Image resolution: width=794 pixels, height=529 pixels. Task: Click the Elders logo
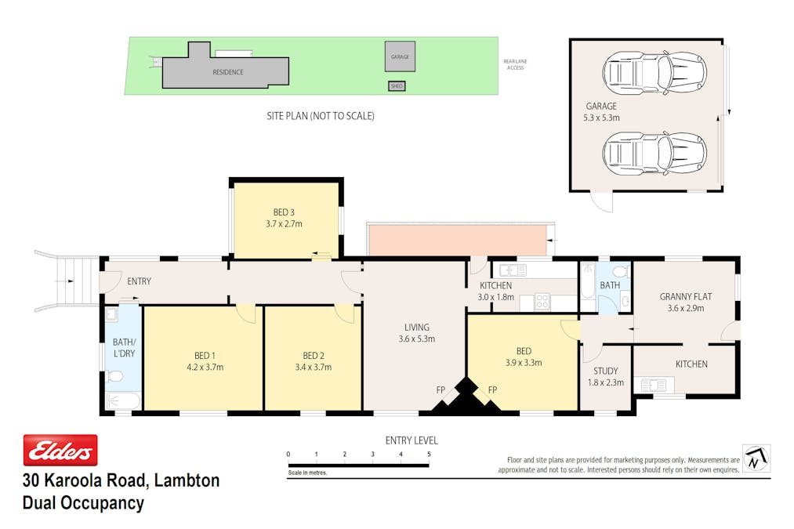point(60,450)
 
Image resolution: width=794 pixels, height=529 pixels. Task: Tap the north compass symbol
point(756,458)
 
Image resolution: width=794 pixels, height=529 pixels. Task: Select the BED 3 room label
point(284,212)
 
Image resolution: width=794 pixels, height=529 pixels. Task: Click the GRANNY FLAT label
point(686,297)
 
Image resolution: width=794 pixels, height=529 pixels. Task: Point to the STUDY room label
point(606,371)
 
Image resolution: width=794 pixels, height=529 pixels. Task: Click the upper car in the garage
point(654,72)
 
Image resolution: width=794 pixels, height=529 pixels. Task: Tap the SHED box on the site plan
point(397,86)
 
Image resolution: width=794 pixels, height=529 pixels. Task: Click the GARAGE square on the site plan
point(400,56)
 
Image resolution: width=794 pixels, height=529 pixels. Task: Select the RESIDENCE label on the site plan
point(228,72)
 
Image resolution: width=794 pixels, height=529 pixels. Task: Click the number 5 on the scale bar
point(429,454)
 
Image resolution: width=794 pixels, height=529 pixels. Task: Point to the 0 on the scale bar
point(288,454)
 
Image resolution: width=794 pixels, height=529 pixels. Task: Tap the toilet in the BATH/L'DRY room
point(115,376)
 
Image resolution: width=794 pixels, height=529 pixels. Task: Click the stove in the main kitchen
point(542,301)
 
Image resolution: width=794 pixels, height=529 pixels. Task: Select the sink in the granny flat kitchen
point(654,386)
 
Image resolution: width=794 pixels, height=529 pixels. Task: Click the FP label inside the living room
point(441,390)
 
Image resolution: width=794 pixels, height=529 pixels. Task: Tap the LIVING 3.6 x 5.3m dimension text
point(417,339)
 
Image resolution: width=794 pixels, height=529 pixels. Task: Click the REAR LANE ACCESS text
point(515,64)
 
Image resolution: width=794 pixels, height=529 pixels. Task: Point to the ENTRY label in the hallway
point(140,281)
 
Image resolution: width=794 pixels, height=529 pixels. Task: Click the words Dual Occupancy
point(84,502)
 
